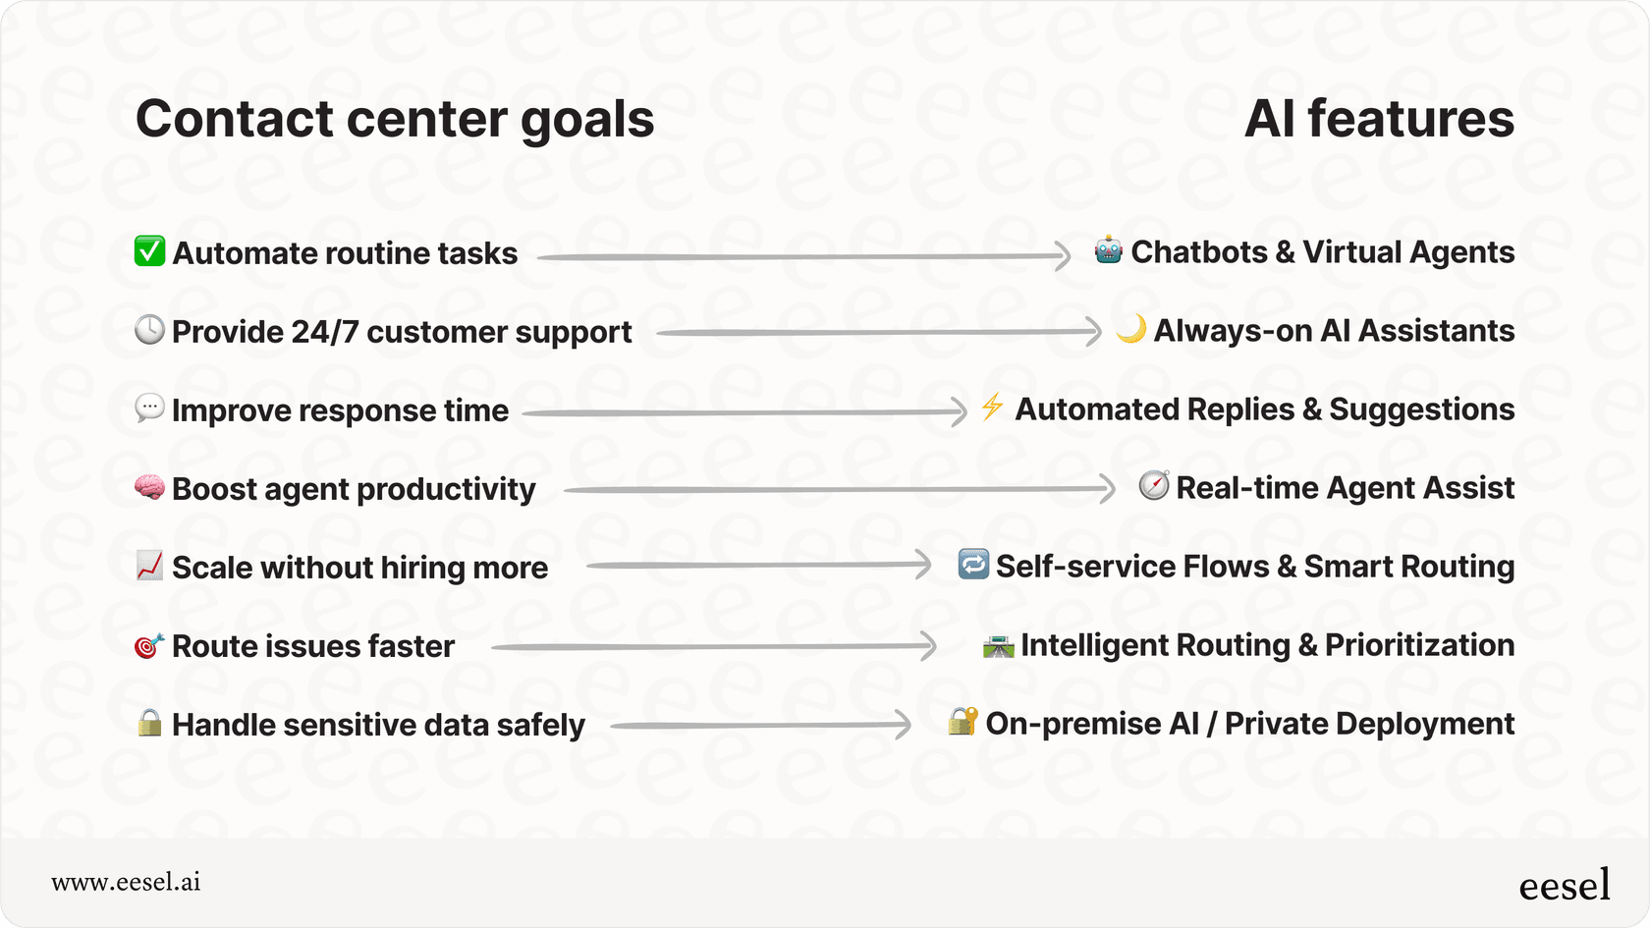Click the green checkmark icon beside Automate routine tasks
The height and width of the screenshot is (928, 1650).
click(x=149, y=251)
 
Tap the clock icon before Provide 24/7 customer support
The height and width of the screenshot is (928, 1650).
click(x=149, y=330)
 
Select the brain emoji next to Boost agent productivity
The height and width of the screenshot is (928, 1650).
click(x=149, y=487)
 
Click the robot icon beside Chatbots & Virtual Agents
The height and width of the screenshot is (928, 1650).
click(x=1108, y=250)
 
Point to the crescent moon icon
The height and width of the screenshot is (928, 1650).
click(x=1131, y=329)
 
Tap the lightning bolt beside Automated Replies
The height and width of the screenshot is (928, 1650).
click(x=992, y=407)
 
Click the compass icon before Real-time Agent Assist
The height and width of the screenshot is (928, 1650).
click(x=1154, y=485)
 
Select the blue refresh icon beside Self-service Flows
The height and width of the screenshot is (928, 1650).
click(x=973, y=564)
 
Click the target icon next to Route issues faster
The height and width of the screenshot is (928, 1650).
click(x=148, y=645)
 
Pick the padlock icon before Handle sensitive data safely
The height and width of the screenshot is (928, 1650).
click(x=149, y=723)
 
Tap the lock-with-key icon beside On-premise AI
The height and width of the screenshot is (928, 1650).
click(x=962, y=721)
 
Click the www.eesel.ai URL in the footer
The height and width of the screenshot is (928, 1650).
click(x=126, y=882)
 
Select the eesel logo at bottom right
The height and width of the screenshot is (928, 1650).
click(x=1564, y=886)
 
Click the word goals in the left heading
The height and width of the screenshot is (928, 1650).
click(x=586, y=120)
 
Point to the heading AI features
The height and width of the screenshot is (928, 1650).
click(x=1379, y=119)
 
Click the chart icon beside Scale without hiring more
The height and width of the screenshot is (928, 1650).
click(x=149, y=566)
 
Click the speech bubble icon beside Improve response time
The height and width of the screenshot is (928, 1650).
click(x=149, y=408)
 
